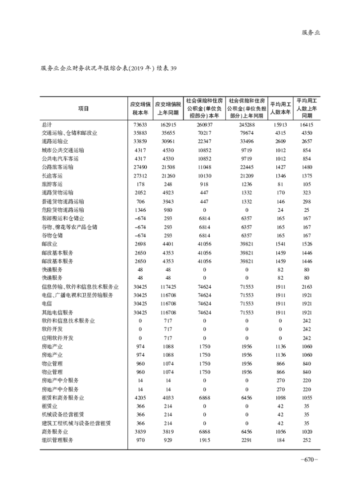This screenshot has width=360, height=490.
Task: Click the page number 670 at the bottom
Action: pyautogui.click(x=309, y=460)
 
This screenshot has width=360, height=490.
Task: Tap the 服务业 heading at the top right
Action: pyautogui.click(x=310, y=32)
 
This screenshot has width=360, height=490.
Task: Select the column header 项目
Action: pyautogui.click(x=83, y=109)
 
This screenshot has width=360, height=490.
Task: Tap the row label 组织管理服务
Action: pyautogui.click(x=57, y=440)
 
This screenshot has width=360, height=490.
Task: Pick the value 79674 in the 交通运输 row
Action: pyautogui.click(x=247, y=133)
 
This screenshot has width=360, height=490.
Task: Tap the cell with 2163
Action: pyautogui.click(x=307, y=286)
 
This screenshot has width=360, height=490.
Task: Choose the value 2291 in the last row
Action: pyautogui.click(x=247, y=440)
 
